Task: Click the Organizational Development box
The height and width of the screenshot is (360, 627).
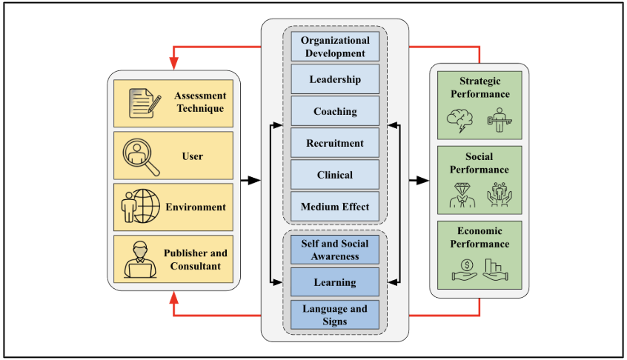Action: (x=335, y=46)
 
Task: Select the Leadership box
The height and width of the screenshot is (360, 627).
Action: (x=335, y=79)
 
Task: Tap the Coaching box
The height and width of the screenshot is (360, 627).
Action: (x=335, y=111)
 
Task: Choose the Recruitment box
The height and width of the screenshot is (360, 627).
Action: (x=335, y=143)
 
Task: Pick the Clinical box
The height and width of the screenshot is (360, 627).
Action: (x=335, y=175)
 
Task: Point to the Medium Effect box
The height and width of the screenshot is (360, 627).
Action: (x=335, y=207)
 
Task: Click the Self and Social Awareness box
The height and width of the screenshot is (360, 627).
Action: (x=335, y=250)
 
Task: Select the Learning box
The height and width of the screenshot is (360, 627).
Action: (x=335, y=282)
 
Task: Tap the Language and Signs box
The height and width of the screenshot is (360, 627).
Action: (x=335, y=315)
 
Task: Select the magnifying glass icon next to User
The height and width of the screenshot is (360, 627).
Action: (x=141, y=156)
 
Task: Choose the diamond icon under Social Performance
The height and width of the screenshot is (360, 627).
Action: (x=462, y=194)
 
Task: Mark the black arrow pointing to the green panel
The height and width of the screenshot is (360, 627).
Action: (x=419, y=180)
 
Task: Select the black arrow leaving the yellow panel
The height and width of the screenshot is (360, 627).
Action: (x=250, y=180)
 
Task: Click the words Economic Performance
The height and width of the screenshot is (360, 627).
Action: (x=480, y=237)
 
